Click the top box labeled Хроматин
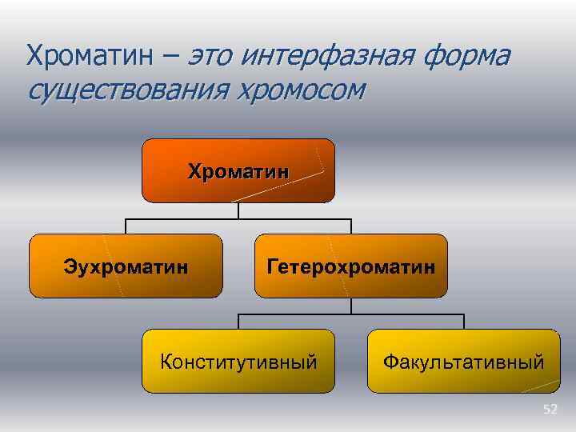(238, 170)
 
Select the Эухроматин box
(126, 266)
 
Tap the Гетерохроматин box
(351, 266)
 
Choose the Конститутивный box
(238, 362)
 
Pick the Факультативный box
(464, 362)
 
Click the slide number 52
(550, 410)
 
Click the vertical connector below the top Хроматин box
(238, 210)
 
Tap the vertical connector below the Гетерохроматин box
(351, 306)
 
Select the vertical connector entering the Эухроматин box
(126, 226)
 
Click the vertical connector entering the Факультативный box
(464, 321)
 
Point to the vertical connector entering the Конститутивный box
(238, 321)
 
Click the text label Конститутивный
(238, 362)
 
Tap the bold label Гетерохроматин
(351, 266)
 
